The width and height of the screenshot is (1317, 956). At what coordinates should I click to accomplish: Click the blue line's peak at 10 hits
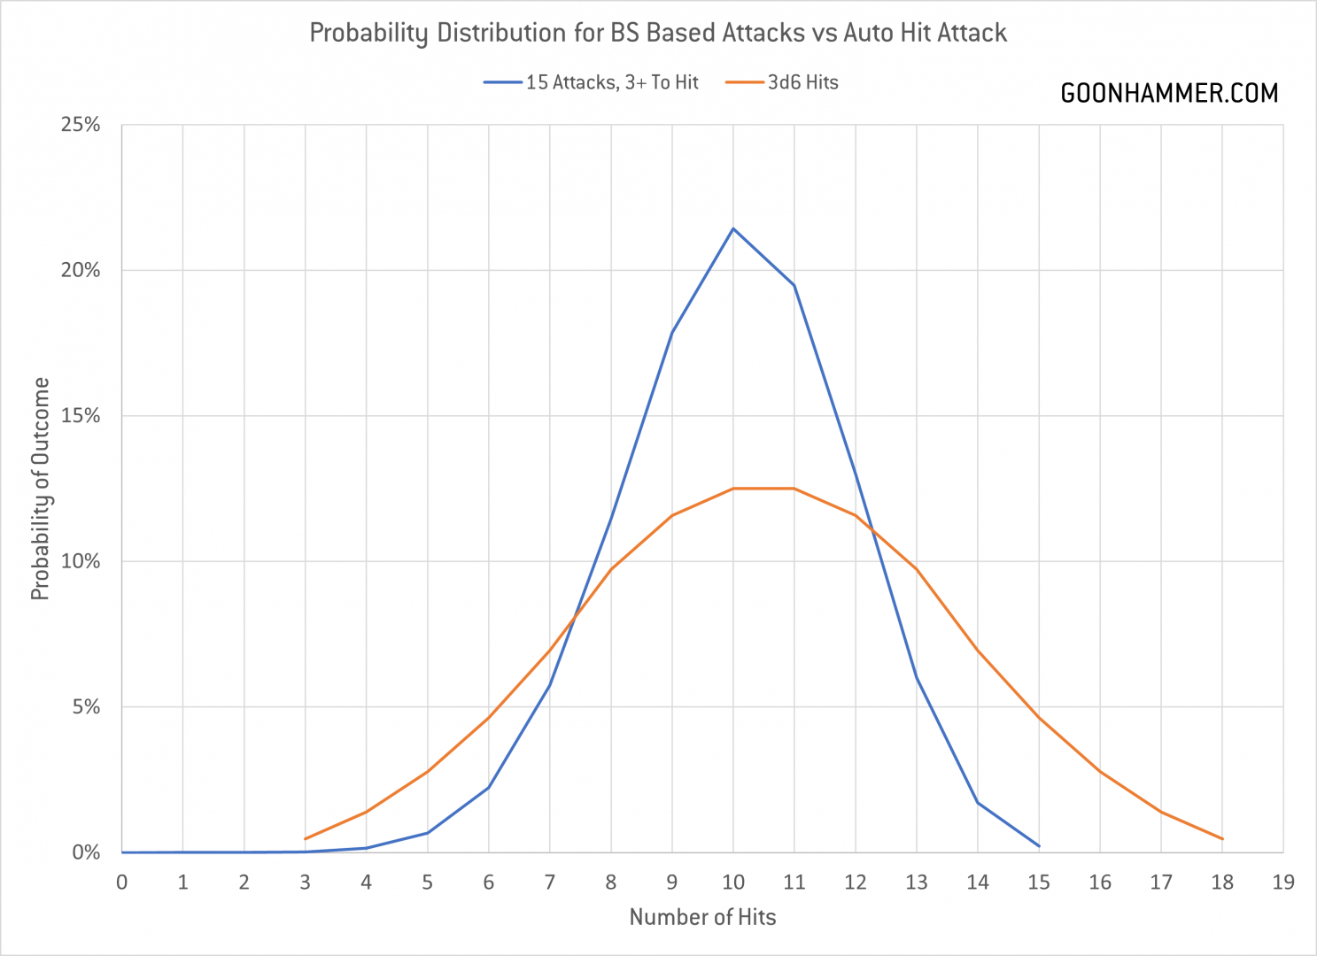[733, 228]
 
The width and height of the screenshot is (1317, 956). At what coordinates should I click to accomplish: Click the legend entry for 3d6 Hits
[783, 82]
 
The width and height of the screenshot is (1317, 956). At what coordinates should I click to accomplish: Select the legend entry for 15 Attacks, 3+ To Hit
[592, 82]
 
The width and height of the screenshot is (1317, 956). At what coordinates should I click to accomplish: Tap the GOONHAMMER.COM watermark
[1169, 93]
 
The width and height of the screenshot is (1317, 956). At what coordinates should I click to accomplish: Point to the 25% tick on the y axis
[81, 125]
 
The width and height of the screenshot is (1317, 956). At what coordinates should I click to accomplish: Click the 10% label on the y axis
[81, 561]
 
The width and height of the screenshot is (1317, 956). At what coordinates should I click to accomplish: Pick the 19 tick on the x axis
[1283, 882]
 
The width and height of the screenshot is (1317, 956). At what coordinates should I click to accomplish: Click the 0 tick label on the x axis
[122, 882]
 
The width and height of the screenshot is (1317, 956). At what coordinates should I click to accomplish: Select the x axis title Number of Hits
[702, 917]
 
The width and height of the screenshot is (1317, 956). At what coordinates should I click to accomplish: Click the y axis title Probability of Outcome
[40, 489]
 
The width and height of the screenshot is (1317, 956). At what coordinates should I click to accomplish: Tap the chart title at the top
[658, 33]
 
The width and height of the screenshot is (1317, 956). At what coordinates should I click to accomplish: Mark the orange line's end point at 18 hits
[1222, 838]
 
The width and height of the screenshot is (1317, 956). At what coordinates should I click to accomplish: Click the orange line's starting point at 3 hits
[306, 838]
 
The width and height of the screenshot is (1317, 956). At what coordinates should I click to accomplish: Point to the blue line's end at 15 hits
[1039, 846]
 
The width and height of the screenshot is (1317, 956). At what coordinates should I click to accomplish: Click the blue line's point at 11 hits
[794, 285]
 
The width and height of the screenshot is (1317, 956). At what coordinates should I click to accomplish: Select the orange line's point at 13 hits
[917, 569]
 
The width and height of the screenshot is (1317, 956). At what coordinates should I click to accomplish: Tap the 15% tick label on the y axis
[81, 416]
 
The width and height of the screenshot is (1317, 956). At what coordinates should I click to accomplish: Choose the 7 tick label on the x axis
[550, 882]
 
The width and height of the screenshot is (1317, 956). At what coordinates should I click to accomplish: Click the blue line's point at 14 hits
[978, 803]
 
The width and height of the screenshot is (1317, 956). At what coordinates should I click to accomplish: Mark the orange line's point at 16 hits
[1100, 772]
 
